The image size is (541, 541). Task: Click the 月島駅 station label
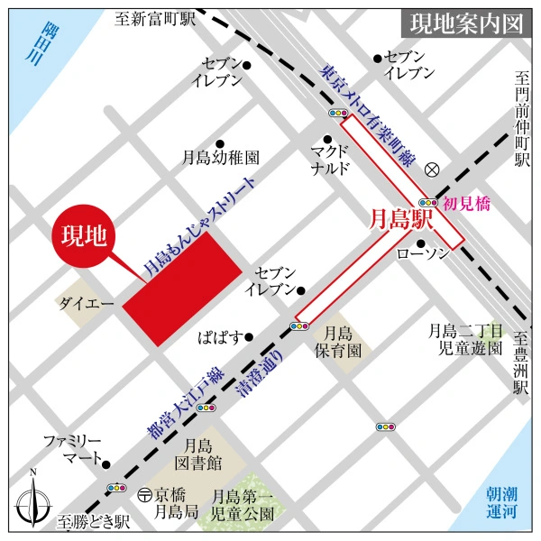402,219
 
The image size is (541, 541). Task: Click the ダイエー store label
87,305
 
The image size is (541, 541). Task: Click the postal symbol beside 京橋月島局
144,494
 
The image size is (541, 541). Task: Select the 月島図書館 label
200,454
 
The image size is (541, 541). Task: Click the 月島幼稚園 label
223,157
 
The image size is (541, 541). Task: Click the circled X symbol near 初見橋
432,168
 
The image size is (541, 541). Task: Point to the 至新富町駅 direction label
156,19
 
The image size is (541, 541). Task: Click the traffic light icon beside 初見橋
427,204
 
